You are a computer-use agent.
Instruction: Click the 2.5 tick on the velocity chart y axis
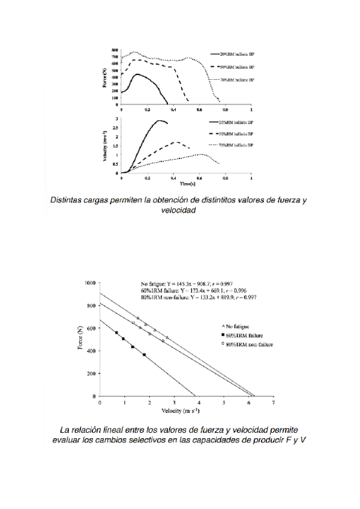coord(117,129)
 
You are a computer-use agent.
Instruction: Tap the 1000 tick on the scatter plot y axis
coord(91,282)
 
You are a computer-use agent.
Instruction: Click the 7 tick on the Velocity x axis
coord(274,402)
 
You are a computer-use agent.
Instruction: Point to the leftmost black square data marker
coord(116,333)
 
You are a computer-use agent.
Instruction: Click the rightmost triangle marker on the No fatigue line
coord(167,338)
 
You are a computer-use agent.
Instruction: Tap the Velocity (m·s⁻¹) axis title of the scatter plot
coord(181,411)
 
